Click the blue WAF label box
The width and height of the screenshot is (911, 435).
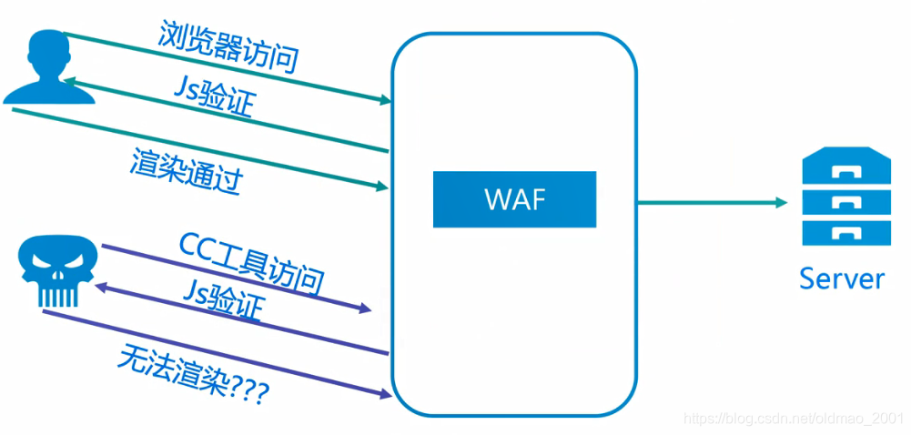click(x=514, y=199)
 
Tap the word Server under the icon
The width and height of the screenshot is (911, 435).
click(x=841, y=278)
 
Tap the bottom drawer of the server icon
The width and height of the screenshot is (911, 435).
click(x=841, y=231)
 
